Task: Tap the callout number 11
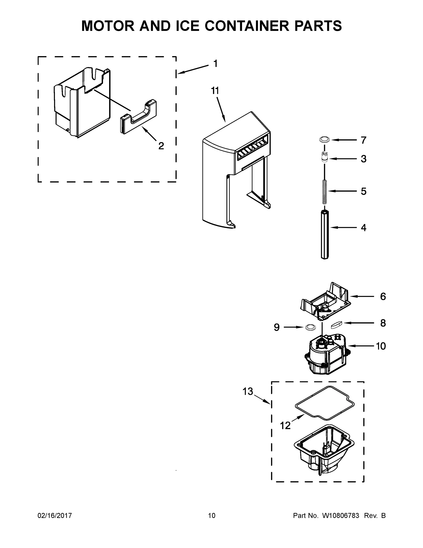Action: pyautogui.click(x=215, y=91)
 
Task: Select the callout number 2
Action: pyautogui.click(x=161, y=146)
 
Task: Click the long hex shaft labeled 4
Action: pyautogui.click(x=325, y=234)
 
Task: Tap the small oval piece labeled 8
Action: pyautogui.click(x=336, y=325)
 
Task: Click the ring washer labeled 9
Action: pyautogui.click(x=310, y=327)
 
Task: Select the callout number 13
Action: pyautogui.click(x=248, y=391)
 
